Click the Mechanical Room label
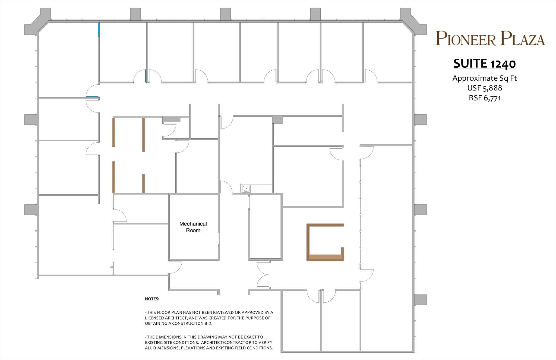click(x=193, y=227)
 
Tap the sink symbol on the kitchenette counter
click(x=246, y=189)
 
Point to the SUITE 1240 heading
click(x=484, y=64)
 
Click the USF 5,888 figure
click(x=484, y=88)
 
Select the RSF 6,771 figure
click(x=484, y=98)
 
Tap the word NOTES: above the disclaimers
click(x=152, y=299)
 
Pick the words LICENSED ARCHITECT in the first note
click(x=165, y=318)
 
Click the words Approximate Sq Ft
click(x=484, y=78)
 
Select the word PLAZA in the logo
click(x=523, y=39)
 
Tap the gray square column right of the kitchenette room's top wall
click(x=277, y=119)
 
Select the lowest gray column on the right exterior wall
click(x=420, y=299)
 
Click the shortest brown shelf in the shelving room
click(x=143, y=184)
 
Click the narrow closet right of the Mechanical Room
click(x=265, y=227)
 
